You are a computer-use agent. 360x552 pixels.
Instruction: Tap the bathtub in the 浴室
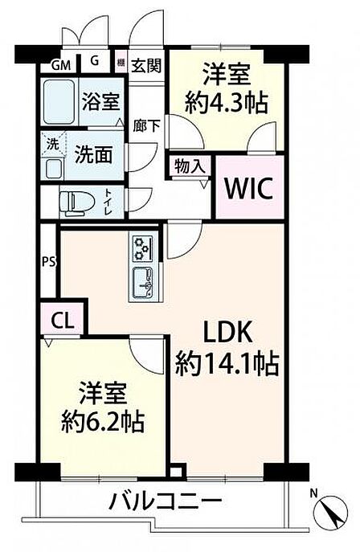[59, 102]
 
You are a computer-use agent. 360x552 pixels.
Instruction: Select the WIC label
[249, 189]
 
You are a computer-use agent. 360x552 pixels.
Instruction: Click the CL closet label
[63, 321]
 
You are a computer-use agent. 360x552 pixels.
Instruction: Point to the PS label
[49, 262]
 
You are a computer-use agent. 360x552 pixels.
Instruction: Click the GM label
[61, 65]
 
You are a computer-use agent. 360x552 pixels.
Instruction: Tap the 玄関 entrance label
[146, 65]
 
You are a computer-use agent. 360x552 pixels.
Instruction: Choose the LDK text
[229, 332]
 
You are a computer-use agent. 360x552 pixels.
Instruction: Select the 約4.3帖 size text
[227, 102]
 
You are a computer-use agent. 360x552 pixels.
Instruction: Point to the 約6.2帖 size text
[102, 420]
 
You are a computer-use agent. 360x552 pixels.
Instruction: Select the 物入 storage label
[190, 165]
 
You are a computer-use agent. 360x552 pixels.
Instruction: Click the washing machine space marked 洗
[53, 144]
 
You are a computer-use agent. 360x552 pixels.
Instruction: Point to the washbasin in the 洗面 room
[53, 168]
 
